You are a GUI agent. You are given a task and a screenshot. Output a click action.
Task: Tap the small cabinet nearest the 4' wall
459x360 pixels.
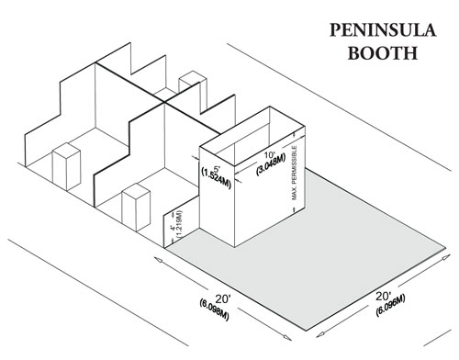[x=136, y=207]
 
